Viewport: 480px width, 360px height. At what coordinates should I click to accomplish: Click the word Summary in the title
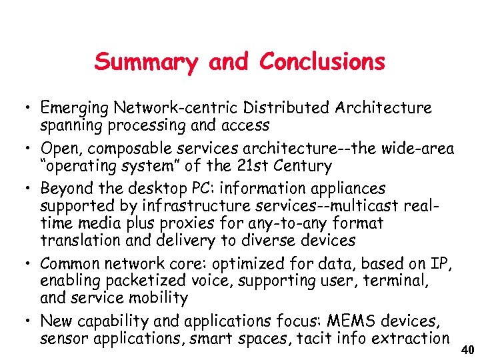click(147, 62)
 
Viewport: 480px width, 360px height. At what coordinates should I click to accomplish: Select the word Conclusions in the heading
click(322, 62)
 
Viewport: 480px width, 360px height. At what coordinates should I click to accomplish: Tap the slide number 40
click(467, 351)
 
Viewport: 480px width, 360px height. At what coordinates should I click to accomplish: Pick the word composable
click(125, 148)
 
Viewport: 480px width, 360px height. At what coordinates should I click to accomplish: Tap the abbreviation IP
click(444, 263)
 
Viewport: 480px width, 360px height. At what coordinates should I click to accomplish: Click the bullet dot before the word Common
click(24, 264)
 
